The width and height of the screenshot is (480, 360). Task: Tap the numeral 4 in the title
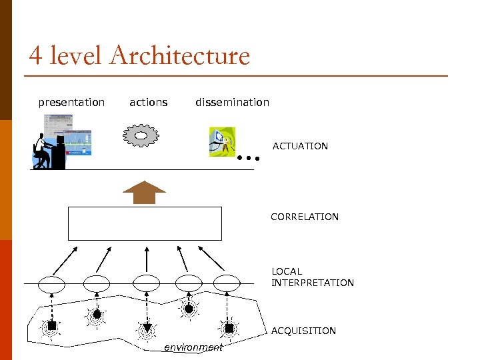pyautogui.click(x=36, y=55)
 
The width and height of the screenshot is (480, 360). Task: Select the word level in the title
pyautogui.click(x=75, y=55)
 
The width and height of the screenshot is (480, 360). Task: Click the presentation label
pyautogui.click(x=71, y=103)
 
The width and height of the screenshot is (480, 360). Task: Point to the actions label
pyautogui.click(x=148, y=103)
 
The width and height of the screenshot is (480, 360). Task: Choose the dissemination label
pyautogui.click(x=232, y=103)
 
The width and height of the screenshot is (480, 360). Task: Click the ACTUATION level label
pyautogui.click(x=300, y=146)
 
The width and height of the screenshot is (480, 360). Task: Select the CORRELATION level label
pyautogui.click(x=304, y=217)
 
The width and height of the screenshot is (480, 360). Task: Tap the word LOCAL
pyautogui.click(x=287, y=271)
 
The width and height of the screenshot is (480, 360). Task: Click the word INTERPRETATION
pyautogui.click(x=312, y=283)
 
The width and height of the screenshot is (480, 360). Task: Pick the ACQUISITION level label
pyautogui.click(x=303, y=331)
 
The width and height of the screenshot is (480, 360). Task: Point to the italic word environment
pyautogui.click(x=193, y=347)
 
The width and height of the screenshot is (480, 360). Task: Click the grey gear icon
pyautogui.click(x=141, y=135)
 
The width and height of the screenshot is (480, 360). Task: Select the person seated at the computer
pyautogui.click(x=44, y=151)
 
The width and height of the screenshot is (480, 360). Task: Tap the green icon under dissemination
pyautogui.click(x=222, y=142)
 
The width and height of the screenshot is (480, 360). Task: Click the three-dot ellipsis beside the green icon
pyautogui.click(x=248, y=159)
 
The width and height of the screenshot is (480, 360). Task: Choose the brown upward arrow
pyautogui.click(x=144, y=192)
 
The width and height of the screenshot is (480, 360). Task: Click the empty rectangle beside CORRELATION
pyautogui.click(x=145, y=223)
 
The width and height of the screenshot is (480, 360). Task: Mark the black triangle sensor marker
pyautogui.click(x=147, y=327)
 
